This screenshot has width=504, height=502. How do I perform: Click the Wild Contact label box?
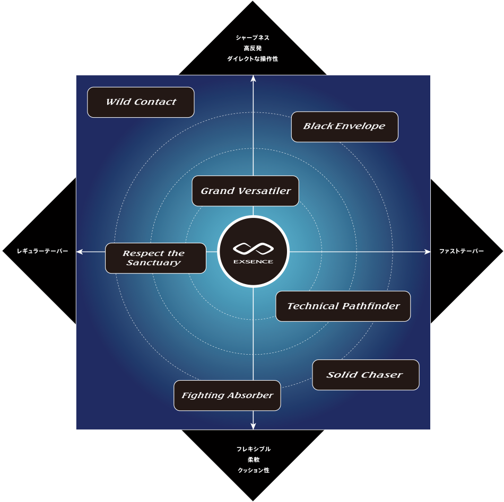tap(141, 102)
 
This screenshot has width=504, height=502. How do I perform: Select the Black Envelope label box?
tap(344, 127)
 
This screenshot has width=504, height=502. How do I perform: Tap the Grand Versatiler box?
tap(245, 191)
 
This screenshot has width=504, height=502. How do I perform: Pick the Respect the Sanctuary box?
tap(155, 258)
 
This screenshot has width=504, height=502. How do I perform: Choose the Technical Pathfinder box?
tap(343, 306)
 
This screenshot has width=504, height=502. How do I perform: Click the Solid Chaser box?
tap(366, 375)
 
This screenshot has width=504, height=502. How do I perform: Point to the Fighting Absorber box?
tap(227, 395)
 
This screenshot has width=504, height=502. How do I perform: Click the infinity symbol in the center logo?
tap(253, 248)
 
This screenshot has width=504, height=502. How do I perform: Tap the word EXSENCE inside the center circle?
tap(253, 262)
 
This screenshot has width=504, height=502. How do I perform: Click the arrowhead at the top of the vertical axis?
tap(254, 78)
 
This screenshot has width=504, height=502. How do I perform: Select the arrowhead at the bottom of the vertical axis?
tap(254, 426)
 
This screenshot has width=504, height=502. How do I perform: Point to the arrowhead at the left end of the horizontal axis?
tap(80, 252)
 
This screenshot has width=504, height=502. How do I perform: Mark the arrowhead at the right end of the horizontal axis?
tap(428, 252)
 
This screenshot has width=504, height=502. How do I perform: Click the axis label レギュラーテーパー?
tap(42, 251)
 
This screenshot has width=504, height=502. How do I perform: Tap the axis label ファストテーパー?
tap(462, 251)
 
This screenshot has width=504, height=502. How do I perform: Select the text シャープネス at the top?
tap(253, 38)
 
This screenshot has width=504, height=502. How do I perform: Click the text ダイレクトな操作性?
tap(253, 59)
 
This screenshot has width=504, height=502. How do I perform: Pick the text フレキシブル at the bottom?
tap(253, 449)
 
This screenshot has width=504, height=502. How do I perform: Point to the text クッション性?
tap(253, 470)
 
